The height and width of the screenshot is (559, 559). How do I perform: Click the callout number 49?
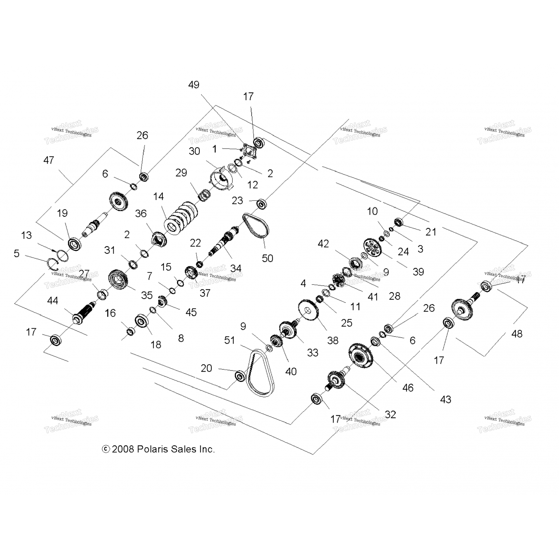click(x=194, y=85)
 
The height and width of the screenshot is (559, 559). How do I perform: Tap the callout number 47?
click(x=49, y=160)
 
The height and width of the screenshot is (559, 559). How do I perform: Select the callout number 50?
click(x=268, y=258)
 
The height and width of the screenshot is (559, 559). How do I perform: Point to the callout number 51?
click(x=230, y=340)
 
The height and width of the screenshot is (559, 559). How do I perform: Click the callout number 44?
click(x=53, y=300)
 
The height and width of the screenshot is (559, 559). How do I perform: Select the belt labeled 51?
click(x=261, y=373)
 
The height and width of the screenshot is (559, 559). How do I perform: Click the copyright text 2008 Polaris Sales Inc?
click(x=159, y=449)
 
